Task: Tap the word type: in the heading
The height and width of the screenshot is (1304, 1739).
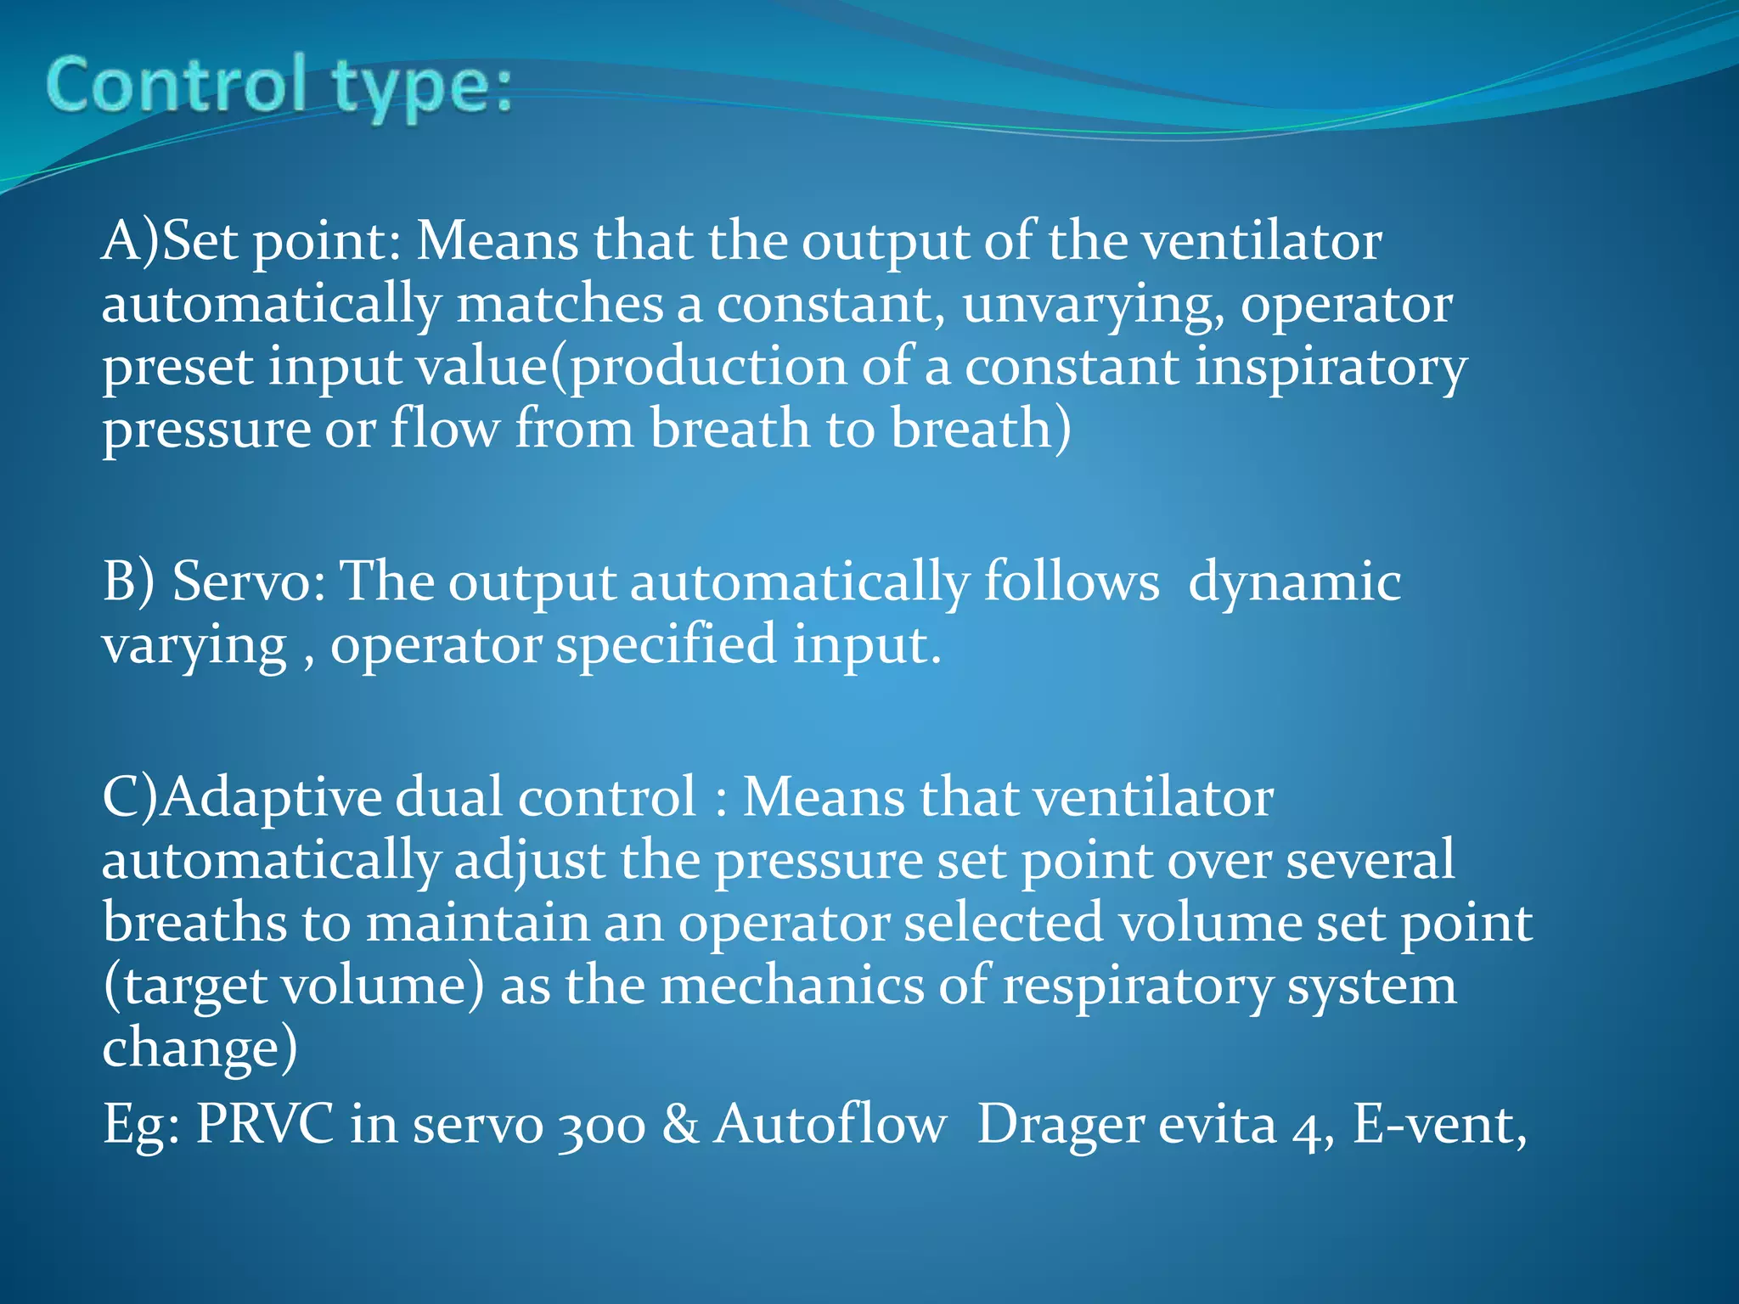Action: tap(422, 89)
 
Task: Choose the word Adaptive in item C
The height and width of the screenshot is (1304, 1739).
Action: tap(271, 799)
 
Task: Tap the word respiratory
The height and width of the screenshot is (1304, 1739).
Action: tap(1138, 987)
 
